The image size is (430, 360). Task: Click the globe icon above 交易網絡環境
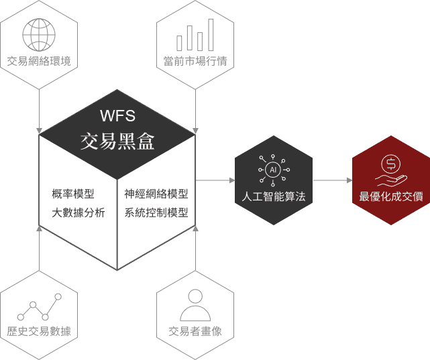coord(39,32)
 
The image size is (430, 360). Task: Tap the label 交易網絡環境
coord(39,62)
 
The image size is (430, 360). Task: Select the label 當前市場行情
coord(195,62)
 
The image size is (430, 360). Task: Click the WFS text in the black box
coord(117,116)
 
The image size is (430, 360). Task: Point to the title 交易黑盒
coord(117,141)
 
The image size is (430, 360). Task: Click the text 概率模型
coord(73,194)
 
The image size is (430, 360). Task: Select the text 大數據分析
coord(78,214)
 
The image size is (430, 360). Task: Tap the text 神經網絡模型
coord(156,194)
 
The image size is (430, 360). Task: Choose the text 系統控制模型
coord(156,214)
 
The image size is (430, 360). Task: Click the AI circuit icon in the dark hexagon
coord(273,170)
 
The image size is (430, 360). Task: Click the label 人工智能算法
coord(273,197)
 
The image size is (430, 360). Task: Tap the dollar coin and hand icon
coord(390,170)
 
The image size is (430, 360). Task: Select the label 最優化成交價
coord(390,197)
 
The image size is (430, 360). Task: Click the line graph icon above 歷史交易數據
coord(39,307)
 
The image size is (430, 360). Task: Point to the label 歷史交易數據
coord(39,331)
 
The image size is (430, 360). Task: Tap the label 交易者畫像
coord(195,331)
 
